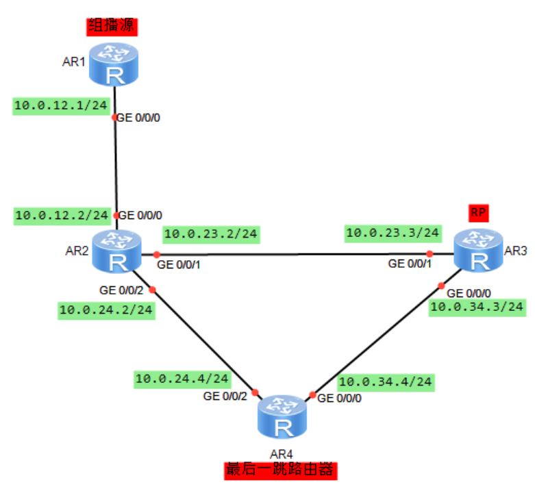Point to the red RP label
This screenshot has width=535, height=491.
[479, 213]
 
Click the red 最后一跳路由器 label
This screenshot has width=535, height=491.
[282, 470]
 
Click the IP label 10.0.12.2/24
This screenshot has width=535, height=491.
[62, 215]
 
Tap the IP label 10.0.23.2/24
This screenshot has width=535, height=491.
[210, 234]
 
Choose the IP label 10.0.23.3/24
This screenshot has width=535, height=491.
[393, 233]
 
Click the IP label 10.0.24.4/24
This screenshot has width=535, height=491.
[182, 377]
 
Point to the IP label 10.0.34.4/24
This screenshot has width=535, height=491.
[386, 381]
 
